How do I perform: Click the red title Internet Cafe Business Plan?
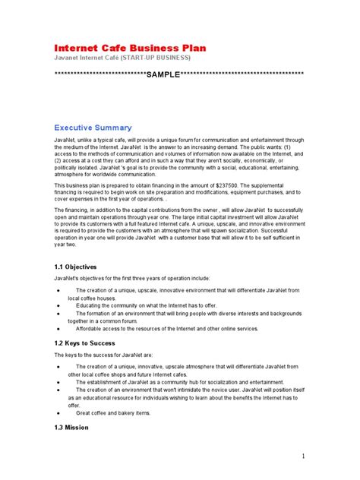tap(130, 48)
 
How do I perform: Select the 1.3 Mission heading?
tap(71, 427)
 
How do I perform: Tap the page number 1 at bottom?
tap(302, 456)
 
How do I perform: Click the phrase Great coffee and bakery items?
tap(113, 413)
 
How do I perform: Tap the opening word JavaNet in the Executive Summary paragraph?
tap(65, 141)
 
